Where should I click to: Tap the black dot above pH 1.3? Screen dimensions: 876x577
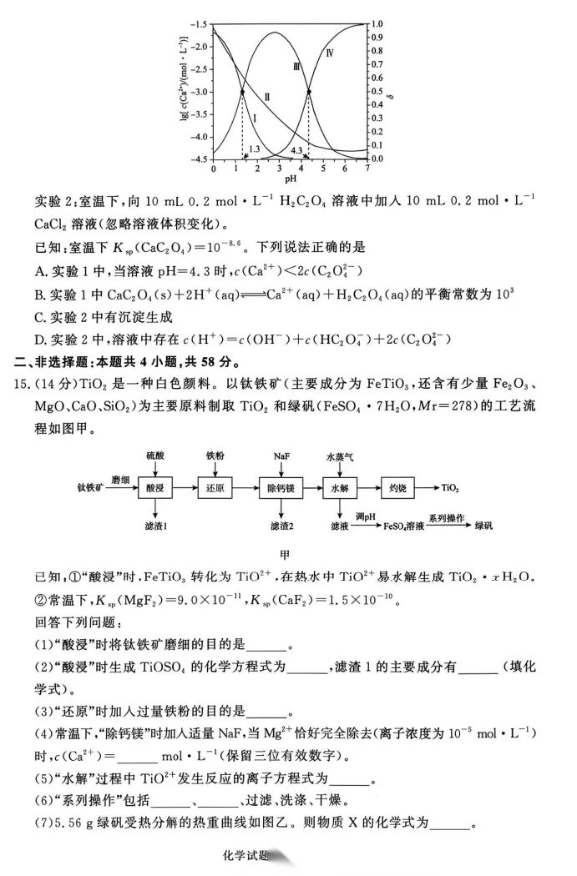[x=242, y=92]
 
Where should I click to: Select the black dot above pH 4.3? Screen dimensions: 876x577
[x=309, y=92]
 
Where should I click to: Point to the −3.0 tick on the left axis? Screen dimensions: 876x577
[x=200, y=92]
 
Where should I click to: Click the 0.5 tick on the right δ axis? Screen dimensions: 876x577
[x=378, y=92]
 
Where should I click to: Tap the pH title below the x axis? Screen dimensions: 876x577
[x=291, y=179]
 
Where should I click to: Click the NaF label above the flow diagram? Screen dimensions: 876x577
[x=281, y=456]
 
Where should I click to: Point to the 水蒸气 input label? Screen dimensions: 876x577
[x=341, y=456]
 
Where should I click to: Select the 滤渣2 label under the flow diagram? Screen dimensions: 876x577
[x=282, y=526]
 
